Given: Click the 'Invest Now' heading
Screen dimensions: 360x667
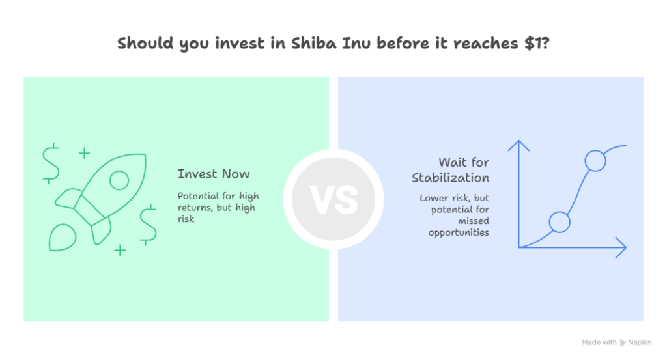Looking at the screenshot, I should [x=213, y=174].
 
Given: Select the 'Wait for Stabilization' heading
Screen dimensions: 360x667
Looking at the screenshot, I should [x=450, y=170].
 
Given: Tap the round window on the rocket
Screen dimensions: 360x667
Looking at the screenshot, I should [x=119, y=180].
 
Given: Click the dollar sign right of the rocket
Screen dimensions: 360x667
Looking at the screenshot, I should [x=148, y=224].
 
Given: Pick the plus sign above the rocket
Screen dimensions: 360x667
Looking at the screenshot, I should [x=84, y=154].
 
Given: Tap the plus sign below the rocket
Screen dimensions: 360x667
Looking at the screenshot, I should [x=120, y=249].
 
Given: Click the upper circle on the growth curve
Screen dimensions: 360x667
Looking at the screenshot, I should [x=595, y=160].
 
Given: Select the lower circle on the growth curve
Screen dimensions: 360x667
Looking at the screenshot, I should [x=560, y=222].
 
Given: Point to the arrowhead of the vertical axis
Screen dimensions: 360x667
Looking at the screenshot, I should [x=519, y=144].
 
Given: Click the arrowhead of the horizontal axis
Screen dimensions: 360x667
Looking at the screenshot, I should [x=623, y=247].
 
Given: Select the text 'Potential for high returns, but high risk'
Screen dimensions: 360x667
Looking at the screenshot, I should [x=216, y=207].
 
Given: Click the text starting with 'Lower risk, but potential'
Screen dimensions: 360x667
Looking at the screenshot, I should [x=455, y=215].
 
